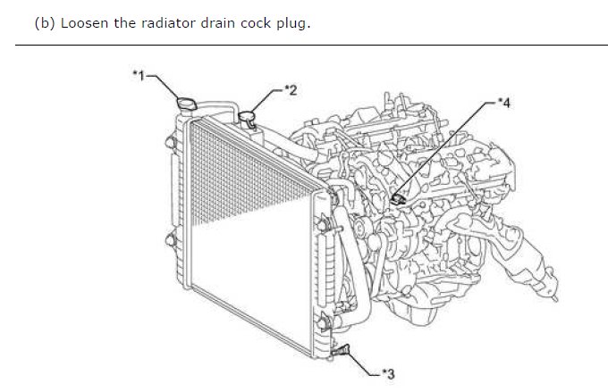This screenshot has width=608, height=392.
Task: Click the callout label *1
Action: pyautogui.click(x=139, y=75)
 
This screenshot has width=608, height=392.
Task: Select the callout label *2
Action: pyautogui.click(x=291, y=90)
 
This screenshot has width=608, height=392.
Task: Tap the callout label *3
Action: pyautogui.click(x=388, y=374)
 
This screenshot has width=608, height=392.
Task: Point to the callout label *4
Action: pyautogui.click(x=504, y=103)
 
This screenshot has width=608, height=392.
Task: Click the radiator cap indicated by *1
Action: pyautogui.click(x=187, y=104)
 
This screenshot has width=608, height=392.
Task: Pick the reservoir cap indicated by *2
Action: pyautogui.click(x=246, y=116)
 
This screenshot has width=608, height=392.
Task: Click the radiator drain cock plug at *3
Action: pyautogui.click(x=341, y=351)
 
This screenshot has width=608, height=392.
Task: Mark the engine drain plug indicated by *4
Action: pyautogui.click(x=398, y=199)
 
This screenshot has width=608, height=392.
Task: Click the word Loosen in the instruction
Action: pyautogui.click(x=84, y=23)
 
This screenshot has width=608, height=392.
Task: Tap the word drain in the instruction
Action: pyautogui.click(x=217, y=23)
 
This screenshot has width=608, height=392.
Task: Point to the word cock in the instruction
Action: pyautogui.click(x=255, y=23)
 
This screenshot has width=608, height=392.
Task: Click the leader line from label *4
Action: pyautogui.click(x=445, y=149)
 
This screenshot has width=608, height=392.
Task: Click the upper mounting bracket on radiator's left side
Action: pyautogui.click(x=171, y=143)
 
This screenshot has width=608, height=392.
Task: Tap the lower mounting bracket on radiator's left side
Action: pyautogui.click(x=171, y=240)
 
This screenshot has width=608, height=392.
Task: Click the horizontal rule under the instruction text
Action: pyautogui.click(x=311, y=45)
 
